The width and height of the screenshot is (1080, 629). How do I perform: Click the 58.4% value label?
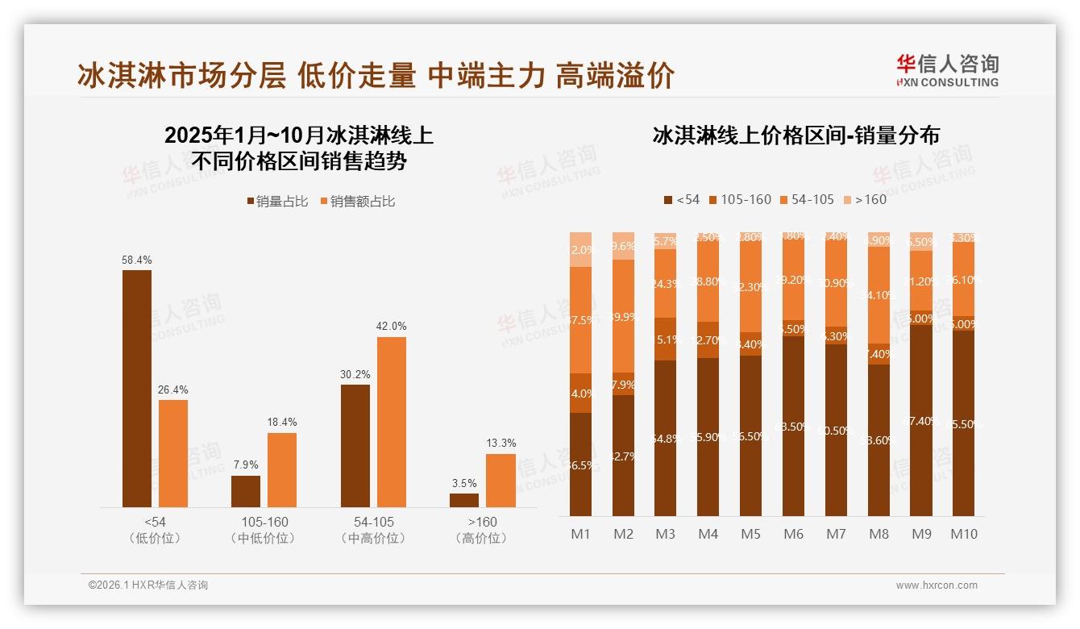[x=137, y=260]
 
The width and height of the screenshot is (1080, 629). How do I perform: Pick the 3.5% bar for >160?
[x=464, y=500]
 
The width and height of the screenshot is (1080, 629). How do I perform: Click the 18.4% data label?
[x=282, y=423]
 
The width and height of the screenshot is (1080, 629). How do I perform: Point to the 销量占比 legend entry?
[x=277, y=202]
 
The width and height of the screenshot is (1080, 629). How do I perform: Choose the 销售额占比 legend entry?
[x=358, y=202]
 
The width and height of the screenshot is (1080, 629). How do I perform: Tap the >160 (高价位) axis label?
[x=481, y=530]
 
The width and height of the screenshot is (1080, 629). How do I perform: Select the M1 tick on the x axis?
[x=580, y=535]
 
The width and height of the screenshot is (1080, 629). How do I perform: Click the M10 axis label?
[x=963, y=535]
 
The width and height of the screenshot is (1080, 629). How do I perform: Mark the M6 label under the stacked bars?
[x=793, y=535]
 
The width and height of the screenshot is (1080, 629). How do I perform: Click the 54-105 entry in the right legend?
[x=807, y=199]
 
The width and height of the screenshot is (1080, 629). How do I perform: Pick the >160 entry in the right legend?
[x=864, y=199]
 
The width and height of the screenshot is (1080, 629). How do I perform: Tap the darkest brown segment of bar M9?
[x=921, y=420]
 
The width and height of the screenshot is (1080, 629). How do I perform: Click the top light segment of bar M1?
[x=580, y=249]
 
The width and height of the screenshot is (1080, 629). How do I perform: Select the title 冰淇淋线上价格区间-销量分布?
[x=795, y=135]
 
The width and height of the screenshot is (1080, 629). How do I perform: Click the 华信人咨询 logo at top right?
[x=947, y=70]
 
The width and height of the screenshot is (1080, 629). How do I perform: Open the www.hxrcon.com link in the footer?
[x=937, y=585]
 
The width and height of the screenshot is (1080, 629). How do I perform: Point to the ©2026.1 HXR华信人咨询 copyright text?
[x=148, y=585]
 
